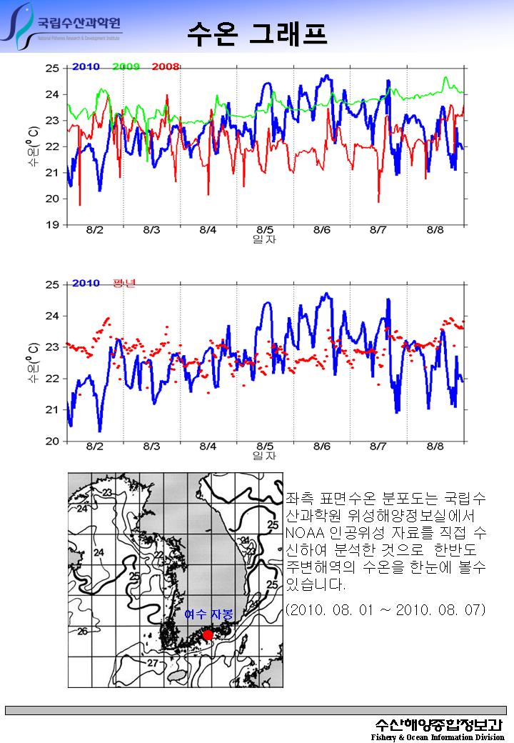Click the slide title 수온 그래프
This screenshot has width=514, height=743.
pos(257,32)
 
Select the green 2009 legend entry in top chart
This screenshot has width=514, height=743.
pos(126,67)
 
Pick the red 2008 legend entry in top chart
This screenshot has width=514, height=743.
pos(165,67)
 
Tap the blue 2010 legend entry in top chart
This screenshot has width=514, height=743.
pos(86,67)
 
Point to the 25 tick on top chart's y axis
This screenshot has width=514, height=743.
pos(52,68)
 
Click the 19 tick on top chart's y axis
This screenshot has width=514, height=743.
pos(52,225)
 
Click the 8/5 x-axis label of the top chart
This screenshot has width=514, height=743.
pos(264,230)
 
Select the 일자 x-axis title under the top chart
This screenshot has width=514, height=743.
pos(264,239)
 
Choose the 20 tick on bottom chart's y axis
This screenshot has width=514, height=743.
pos(52,441)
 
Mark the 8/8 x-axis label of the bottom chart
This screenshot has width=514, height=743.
pos(434,447)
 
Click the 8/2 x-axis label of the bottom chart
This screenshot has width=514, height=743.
pos(94,447)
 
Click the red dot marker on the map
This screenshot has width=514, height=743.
pos(208,634)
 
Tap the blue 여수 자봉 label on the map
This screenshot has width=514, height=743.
pos(208,614)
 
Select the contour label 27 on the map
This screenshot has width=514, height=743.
pos(152,663)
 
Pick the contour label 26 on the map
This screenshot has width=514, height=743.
pos(82,632)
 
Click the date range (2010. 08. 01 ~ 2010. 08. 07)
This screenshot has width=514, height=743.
pos(385,609)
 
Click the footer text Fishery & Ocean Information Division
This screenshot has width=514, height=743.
pos(438,737)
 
